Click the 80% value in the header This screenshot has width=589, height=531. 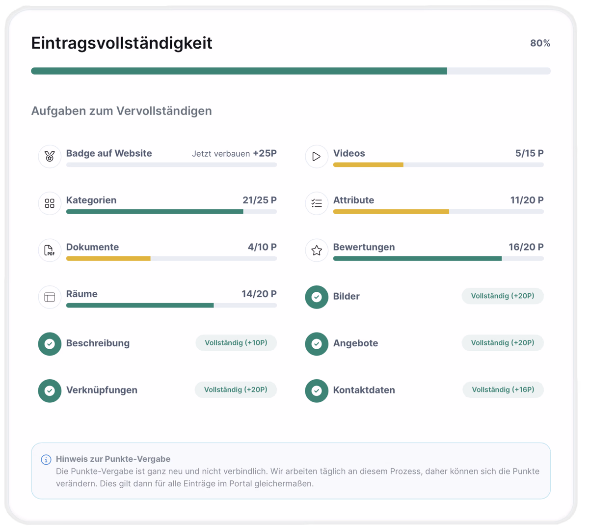coord(540,43)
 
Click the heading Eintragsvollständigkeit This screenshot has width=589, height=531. coord(122,43)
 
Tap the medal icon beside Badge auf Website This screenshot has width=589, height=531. coord(50,156)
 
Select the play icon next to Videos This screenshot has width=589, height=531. coord(316,156)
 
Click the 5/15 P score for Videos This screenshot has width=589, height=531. coord(529,153)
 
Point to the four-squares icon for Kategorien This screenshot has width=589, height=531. coord(50,203)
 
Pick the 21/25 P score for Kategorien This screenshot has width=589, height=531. coord(259,200)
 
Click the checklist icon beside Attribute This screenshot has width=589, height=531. coord(317,203)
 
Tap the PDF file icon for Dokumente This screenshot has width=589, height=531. coord(49,250)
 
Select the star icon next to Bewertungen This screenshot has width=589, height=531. coord(317,251)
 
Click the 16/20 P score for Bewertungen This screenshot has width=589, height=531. coord(526,247)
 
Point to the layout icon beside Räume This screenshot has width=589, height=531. coord(50,297)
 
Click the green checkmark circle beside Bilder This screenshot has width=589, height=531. coord(317,297)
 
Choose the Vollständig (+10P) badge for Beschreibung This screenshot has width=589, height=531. coord(236,343)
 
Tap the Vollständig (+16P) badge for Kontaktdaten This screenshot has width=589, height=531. coord(503,390)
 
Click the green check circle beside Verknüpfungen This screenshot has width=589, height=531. coord(50,391)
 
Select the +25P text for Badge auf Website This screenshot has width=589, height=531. coord(265,153)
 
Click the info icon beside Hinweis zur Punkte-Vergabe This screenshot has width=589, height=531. coord(46,459)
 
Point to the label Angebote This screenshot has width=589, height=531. coord(355,343)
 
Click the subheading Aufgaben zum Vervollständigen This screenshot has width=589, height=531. coord(122,111)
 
